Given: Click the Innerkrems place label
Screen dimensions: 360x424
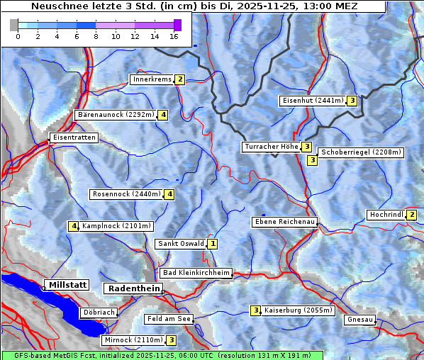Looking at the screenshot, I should [152, 79].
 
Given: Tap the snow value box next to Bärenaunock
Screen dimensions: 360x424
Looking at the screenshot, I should [163, 114].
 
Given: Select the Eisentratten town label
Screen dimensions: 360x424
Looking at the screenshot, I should [73, 137].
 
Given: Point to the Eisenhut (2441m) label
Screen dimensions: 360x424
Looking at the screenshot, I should [312, 101].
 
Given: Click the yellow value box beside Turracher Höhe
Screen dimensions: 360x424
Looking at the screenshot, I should [306, 147].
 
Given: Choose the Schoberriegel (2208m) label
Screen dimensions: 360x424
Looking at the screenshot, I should [361, 152].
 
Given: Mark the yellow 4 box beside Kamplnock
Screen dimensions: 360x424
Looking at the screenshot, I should [73, 226].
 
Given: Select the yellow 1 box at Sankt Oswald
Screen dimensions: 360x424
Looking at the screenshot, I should [212, 244].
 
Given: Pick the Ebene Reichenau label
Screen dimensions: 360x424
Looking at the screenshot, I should [284, 222].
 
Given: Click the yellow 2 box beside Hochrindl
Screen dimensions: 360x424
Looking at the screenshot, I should [413, 215].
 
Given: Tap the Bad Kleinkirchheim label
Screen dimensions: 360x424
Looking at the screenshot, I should [196, 273].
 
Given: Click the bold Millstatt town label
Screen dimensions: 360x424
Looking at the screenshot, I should [67, 285].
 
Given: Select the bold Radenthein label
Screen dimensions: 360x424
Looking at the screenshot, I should [133, 288].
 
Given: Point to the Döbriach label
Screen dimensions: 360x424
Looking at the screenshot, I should [99, 312].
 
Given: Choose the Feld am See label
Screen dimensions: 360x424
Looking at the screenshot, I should [169, 320].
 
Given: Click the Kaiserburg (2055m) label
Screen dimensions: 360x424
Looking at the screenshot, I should [298, 310].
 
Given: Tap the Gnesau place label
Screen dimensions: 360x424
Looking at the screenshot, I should [359, 320].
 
